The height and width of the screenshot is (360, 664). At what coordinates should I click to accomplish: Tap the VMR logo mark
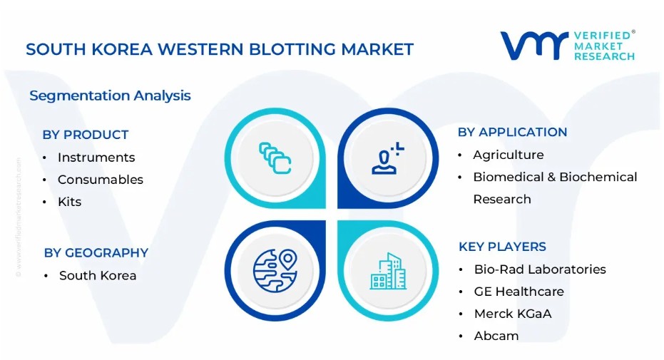coord(534,45)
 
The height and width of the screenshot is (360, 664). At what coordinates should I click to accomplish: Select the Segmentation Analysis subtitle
coord(110,96)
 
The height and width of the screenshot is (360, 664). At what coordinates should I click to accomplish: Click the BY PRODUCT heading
coord(85,135)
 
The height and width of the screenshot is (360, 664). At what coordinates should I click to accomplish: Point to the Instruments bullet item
coord(96,158)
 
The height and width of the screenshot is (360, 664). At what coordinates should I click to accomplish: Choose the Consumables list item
coord(101,180)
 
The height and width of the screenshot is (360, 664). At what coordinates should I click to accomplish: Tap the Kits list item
coord(69,202)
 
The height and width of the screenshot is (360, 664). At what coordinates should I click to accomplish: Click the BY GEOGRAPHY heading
coord(96,253)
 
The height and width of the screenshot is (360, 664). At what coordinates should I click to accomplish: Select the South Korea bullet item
coord(98,275)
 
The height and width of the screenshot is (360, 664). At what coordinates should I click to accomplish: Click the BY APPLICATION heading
coord(512,132)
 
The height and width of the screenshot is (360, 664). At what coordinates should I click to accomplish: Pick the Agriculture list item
coord(508,155)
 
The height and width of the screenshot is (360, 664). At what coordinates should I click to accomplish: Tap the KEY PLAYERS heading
coord(502,247)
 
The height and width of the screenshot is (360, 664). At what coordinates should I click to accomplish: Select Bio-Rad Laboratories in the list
coord(540,269)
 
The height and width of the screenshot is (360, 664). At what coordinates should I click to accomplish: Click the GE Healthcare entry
coord(519,292)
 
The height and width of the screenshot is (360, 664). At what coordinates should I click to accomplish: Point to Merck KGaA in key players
coord(513,314)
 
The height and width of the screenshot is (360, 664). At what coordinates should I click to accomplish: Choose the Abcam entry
coord(496,336)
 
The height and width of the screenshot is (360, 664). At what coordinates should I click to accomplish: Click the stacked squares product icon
coord(275,158)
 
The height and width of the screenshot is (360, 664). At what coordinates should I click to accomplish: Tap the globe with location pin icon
coord(275,271)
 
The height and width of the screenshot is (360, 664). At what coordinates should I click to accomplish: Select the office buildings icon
coord(388,271)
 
